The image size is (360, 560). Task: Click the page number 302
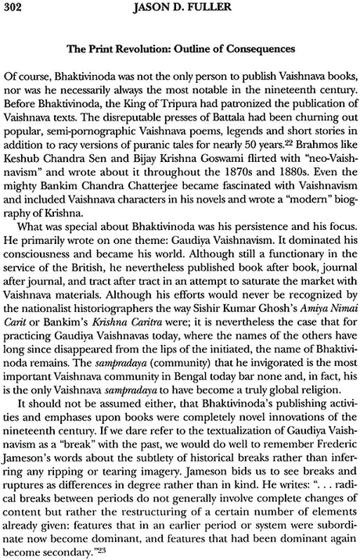point(15,8)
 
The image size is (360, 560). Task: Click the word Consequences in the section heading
point(257,48)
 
